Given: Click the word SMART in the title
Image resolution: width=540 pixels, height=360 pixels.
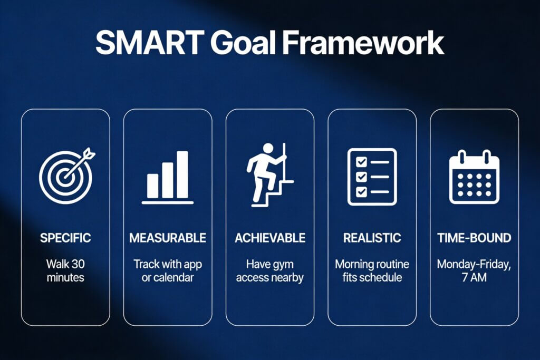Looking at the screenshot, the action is point(150,43).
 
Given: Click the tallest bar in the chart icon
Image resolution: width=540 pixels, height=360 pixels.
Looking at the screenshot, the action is point(182,174).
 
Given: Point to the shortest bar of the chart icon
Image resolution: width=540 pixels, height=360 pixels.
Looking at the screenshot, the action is point(152,186).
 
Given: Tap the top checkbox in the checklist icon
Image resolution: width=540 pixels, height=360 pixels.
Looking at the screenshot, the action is point(361,162).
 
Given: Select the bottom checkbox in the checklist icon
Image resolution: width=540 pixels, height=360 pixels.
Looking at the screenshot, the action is point(361,191).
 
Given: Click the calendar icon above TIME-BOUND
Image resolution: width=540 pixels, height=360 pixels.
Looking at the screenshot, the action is point(474,177).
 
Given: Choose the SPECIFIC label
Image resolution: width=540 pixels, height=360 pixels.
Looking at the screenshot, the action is point(65,238).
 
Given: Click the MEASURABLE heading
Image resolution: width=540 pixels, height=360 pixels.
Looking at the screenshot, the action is point(168,238).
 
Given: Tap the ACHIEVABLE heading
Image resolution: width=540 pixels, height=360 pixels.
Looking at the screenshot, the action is point(270,238).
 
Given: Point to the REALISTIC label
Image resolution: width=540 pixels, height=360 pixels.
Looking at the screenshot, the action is point(372,238).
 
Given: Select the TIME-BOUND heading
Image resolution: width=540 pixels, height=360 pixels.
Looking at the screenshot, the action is point(474,238).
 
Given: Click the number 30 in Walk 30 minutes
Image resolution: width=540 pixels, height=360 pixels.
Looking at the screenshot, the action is point(78,264).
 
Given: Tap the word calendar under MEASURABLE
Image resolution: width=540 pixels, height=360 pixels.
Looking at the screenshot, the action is point(173,277).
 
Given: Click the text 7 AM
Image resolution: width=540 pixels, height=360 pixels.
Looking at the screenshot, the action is point(474,277).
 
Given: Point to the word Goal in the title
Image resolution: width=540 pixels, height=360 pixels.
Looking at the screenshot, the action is point(243,43).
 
